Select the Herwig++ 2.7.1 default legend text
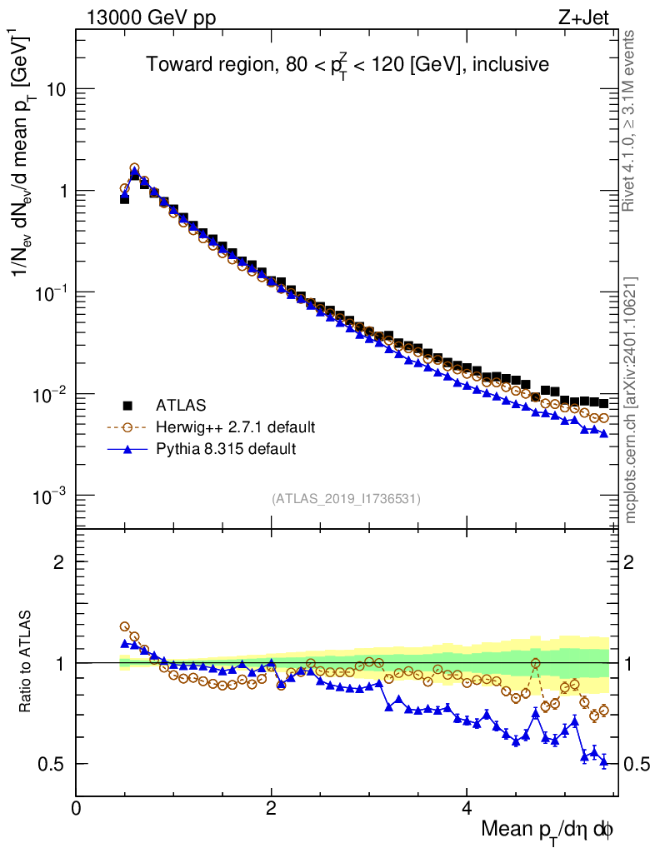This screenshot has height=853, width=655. [235, 427]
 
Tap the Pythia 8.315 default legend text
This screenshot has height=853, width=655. [226, 449]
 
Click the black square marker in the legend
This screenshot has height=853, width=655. [128, 406]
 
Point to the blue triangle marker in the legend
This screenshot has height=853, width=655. [128, 449]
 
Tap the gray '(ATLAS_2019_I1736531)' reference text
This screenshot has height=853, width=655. [346, 499]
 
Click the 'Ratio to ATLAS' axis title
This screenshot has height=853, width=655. [27, 662]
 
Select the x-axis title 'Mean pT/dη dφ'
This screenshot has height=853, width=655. [547, 830]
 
